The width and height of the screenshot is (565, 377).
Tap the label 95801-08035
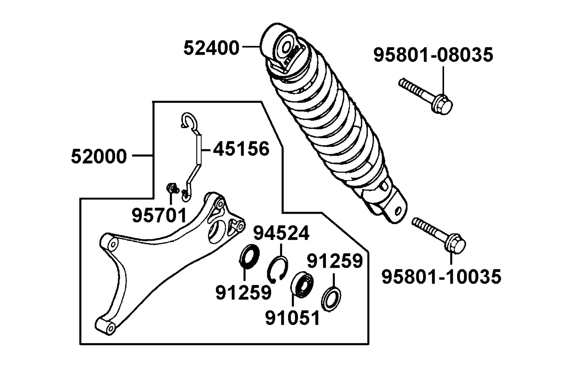433,55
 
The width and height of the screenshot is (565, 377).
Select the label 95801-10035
441,277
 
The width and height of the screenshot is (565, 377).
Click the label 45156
241,149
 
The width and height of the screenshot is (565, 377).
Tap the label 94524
281,233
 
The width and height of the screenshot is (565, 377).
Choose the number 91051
292,318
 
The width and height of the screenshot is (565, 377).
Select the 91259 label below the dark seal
243,292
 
